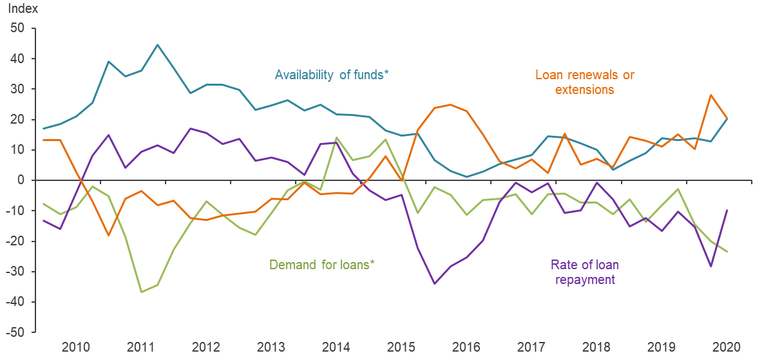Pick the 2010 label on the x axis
pyautogui.click(x=76, y=347)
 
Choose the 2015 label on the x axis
pyautogui.click(x=401, y=347)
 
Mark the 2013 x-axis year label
pyautogui.click(x=271, y=347)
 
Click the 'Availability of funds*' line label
pyautogui.click(x=332, y=75)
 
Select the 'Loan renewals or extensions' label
pyautogui.click(x=586, y=82)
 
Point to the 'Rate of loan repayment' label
pyautogui.click(x=582, y=272)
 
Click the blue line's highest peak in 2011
pyautogui.click(x=157, y=45)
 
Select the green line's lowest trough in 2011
pyautogui.click(x=141, y=292)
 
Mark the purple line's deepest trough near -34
pyautogui.click(x=435, y=283)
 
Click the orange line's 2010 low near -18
pyautogui.click(x=108, y=235)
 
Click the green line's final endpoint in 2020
pyautogui.click(x=727, y=251)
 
